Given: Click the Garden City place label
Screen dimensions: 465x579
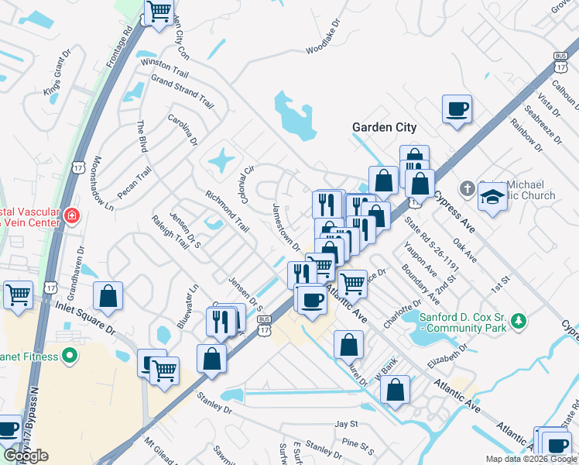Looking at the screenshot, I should point(384,127).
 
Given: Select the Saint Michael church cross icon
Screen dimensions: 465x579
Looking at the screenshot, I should point(467,188).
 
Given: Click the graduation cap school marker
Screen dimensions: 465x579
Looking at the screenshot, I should point(493,198).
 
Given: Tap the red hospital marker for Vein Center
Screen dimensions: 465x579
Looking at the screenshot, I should point(71,215).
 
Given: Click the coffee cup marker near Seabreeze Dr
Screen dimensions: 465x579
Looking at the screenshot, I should point(457,108).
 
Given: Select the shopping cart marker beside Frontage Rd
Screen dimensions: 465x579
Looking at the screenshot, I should point(159,12).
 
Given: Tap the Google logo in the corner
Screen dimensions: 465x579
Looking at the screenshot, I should point(25,456).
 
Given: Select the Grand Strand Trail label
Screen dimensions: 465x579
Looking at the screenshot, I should point(182,91).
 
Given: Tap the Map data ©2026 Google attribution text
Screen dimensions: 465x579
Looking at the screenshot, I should point(530,459).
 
